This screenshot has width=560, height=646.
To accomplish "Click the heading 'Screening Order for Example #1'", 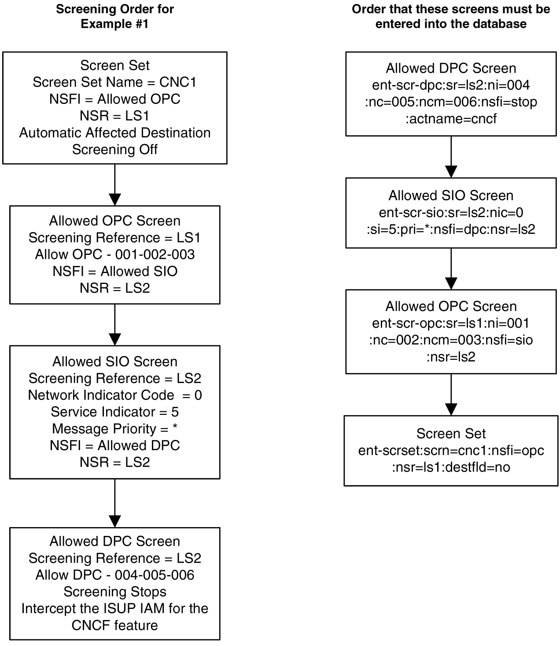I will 114,16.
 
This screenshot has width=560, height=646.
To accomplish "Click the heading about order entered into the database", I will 451,16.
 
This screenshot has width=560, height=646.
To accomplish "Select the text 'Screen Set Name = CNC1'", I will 114,82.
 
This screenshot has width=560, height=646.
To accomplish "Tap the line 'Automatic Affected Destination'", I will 114,133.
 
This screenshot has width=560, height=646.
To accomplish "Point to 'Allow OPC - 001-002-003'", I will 114,255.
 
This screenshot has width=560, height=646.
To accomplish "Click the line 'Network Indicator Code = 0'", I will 114,395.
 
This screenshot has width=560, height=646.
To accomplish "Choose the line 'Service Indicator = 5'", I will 114,412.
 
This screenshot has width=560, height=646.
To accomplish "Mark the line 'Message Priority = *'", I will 114,428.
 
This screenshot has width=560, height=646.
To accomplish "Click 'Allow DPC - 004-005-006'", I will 114,575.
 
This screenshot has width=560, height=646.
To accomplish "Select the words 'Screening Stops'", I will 114,592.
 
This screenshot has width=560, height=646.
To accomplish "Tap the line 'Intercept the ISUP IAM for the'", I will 114,609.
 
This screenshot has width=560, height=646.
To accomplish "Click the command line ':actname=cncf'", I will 451,119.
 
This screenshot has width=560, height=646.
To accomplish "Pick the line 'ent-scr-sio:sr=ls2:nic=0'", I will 451,213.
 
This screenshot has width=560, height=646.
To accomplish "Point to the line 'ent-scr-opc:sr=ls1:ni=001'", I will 451,323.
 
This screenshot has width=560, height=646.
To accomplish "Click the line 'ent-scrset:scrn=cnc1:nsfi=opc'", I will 451,450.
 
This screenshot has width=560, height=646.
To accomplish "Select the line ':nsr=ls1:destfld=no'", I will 451,467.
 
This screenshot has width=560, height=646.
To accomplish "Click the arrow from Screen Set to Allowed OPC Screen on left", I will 114,185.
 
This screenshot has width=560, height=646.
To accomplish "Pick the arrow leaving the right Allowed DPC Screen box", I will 451,157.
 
